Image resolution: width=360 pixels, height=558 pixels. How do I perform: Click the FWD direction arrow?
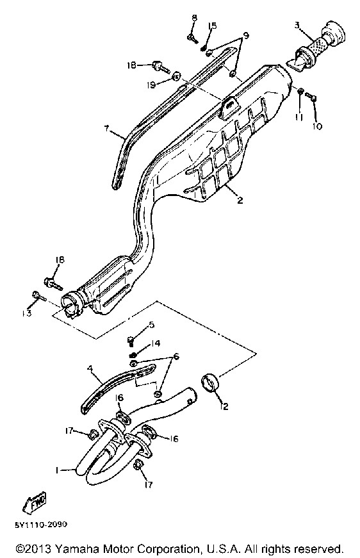click(x=35, y=502)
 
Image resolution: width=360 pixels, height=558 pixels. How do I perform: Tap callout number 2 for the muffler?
click(x=240, y=201)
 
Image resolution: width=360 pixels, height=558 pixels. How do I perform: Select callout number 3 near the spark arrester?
click(x=297, y=25)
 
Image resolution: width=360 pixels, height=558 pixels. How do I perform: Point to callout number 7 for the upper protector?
click(x=107, y=129)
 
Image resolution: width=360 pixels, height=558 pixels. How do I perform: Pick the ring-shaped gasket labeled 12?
click(x=210, y=383)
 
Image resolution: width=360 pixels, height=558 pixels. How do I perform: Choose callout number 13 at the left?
click(x=27, y=313)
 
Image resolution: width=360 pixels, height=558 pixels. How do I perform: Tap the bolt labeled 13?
click(x=39, y=295)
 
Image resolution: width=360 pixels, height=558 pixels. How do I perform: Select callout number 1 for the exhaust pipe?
click(x=57, y=470)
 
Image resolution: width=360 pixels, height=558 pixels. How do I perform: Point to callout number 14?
click(x=156, y=343)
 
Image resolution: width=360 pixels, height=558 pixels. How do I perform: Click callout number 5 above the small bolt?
click(x=152, y=325)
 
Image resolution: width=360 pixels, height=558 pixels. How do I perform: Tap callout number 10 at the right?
click(x=318, y=126)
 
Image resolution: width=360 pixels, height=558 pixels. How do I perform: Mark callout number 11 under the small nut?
click(x=299, y=117)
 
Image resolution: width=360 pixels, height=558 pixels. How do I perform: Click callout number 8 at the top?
click(x=194, y=17)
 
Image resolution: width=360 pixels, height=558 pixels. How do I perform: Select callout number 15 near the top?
click(x=212, y=26)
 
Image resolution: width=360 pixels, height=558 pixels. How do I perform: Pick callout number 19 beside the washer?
click(x=152, y=85)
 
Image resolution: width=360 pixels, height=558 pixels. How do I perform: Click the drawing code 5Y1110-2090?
click(x=41, y=524)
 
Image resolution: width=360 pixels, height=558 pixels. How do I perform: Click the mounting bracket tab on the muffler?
click(x=229, y=106)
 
